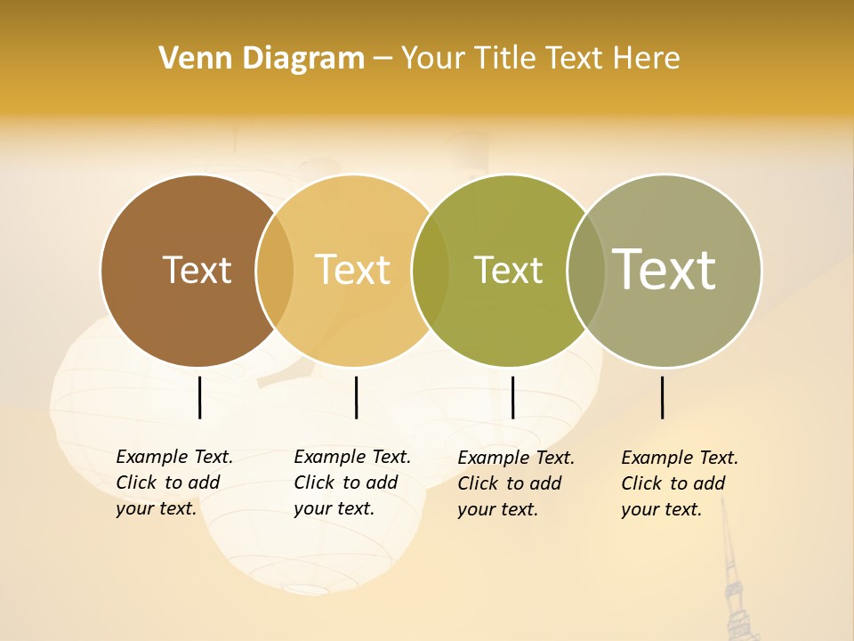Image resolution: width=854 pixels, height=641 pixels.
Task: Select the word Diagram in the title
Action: click(x=303, y=59)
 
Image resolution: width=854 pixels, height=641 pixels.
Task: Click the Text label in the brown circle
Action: click(x=197, y=270)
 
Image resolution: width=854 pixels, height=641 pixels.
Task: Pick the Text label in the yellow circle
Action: click(x=353, y=270)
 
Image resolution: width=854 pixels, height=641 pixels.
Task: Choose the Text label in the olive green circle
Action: click(x=508, y=270)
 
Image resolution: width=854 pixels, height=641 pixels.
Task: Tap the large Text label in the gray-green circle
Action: click(x=665, y=269)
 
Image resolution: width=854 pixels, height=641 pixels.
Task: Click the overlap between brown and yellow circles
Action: click(x=275, y=271)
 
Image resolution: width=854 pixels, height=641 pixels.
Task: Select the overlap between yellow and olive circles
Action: click(x=431, y=271)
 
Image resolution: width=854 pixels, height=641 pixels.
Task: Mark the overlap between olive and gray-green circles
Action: click(x=586, y=271)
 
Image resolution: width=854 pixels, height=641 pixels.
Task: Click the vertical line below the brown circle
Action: click(x=199, y=397)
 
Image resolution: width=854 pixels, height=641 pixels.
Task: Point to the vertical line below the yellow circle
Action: click(x=356, y=397)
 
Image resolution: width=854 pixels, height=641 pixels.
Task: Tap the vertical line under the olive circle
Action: click(x=512, y=397)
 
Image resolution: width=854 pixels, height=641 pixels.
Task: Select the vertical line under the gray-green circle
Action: click(x=662, y=397)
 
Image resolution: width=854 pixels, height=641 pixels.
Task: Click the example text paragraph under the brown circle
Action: click(x=173, y=483)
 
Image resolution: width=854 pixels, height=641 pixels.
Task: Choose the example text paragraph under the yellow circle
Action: click(x=351, y=483)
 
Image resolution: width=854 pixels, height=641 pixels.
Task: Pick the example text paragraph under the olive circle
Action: click(x=515, y=483)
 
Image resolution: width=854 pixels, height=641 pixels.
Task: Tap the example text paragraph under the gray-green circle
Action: click(x=679, y=483)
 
